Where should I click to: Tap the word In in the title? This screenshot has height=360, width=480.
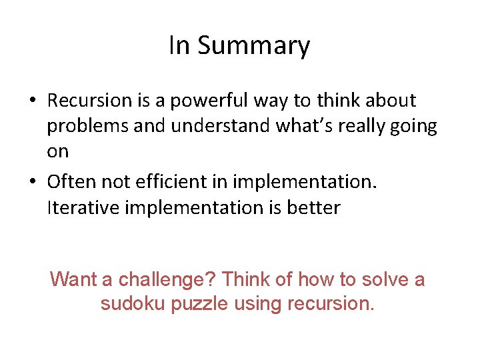[179, 45]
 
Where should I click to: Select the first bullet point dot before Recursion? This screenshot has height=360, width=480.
[33, 101]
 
